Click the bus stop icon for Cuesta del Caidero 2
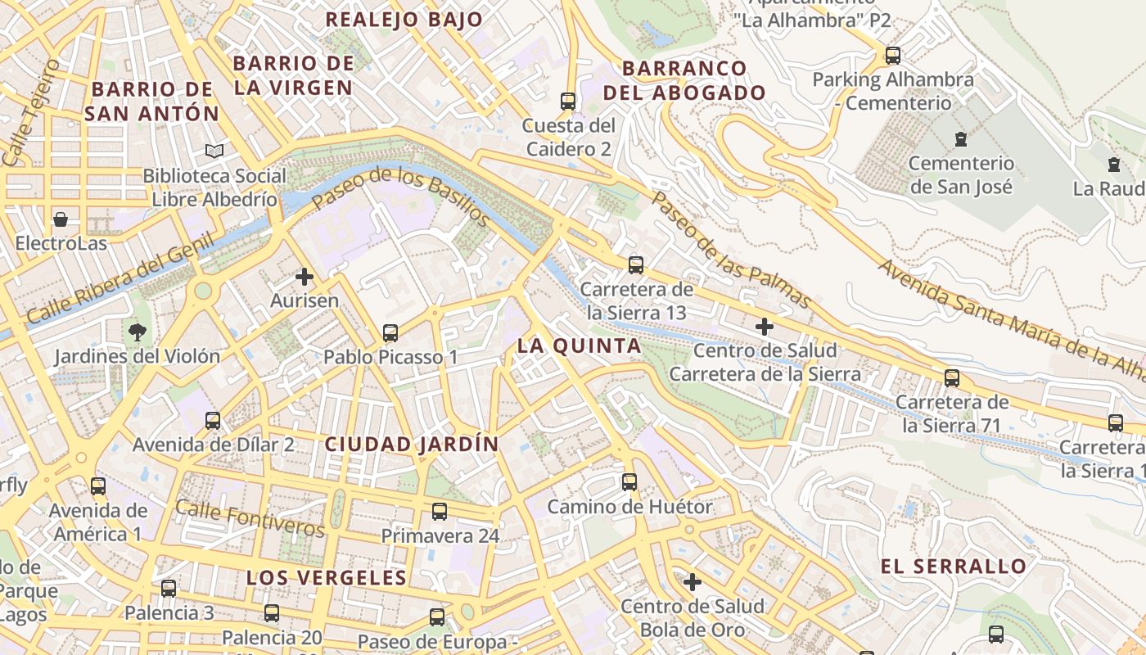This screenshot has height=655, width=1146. (568, 102)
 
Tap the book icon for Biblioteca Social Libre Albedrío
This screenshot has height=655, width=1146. (214, 151)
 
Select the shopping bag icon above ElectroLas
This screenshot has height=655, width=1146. (61, 219)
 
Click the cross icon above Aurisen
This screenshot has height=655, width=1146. (305, 277)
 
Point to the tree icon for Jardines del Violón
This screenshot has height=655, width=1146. (138, 332)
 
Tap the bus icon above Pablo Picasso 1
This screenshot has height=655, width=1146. (390, 333)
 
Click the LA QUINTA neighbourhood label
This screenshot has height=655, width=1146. (579, 346)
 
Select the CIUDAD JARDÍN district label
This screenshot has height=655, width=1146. (412, 445)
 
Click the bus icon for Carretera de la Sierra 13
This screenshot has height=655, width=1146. (636, 265)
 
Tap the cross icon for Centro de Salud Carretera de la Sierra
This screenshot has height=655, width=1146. (765, 327)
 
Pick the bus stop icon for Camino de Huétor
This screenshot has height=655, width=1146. (629, 482)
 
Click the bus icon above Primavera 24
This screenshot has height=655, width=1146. (440, 512)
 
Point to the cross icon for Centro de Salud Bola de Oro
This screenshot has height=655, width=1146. (693, 582)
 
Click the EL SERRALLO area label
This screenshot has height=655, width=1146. (953, 567)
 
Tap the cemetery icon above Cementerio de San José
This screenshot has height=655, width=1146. (961, 139)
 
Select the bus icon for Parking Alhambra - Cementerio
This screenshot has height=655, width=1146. (893, 56)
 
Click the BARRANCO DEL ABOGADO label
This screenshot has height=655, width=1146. (684, 80)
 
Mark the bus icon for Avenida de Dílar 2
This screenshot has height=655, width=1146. (213, 421)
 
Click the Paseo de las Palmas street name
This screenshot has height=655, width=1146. (730, 251)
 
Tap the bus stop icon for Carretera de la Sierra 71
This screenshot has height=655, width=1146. (952, 378)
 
